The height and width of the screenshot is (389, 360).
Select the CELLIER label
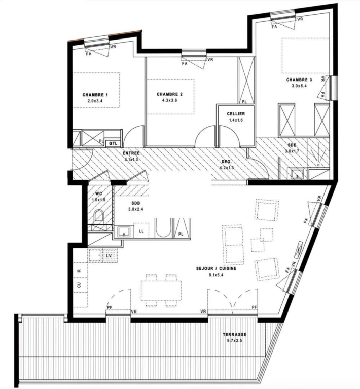point(236,114)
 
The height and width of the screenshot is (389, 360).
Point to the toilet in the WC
point(99,216)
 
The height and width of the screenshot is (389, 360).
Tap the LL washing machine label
point(141,231)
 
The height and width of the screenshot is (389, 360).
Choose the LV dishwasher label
point(109,255)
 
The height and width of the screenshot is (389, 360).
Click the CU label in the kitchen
point(79,285)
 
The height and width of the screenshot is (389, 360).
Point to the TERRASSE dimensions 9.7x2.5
point(234,340)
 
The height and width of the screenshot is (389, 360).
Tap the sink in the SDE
point(297,174)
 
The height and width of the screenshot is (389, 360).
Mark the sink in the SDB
point(123,232)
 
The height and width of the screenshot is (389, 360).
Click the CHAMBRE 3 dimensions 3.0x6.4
point(299,86)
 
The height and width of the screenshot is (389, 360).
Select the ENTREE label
point(131,153)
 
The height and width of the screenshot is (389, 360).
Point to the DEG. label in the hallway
point(227,162)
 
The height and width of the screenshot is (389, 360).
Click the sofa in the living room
point(233,245)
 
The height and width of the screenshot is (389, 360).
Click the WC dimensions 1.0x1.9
point(99,199)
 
